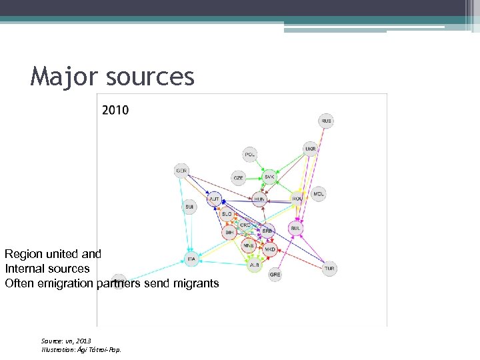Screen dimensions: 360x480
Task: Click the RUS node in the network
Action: click(x=326, y=121)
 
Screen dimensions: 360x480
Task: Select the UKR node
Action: click(x=311, y=148)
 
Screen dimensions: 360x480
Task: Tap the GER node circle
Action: click(x=182, y=171)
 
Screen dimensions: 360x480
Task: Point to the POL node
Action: click(x=250, y=155)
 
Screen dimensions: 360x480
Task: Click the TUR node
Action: click(x=329, y=269)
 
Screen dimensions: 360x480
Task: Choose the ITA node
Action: click(x=191, y=259)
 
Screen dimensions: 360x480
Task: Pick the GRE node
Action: click(x=275, y=274)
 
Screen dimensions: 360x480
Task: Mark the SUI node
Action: click(x=190, y=207)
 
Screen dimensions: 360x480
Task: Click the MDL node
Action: click(x=319, y=194)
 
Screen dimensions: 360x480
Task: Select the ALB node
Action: click(x=254, y=265)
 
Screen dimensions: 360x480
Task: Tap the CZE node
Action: click(x=239, y=178)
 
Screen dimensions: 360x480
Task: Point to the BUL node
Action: click(x=296, y=228)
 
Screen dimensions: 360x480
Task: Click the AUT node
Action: click(x=215, y=199)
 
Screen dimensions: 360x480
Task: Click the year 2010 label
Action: click(x=116, y=110)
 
